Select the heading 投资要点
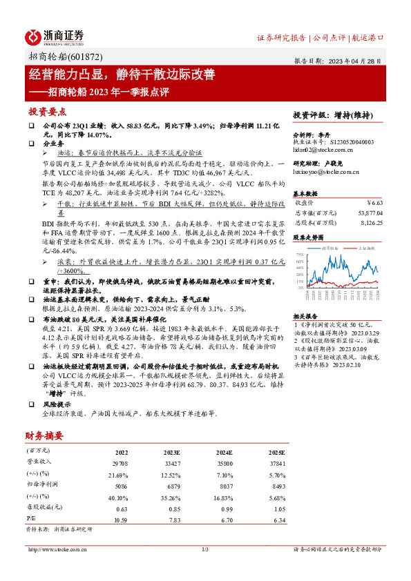[x=47, y=112]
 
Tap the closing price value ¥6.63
[x=372, y=202]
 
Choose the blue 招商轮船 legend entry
[x=327, y=246]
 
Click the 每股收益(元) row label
[x=44, y=509]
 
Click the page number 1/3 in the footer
[x=205, y=549]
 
